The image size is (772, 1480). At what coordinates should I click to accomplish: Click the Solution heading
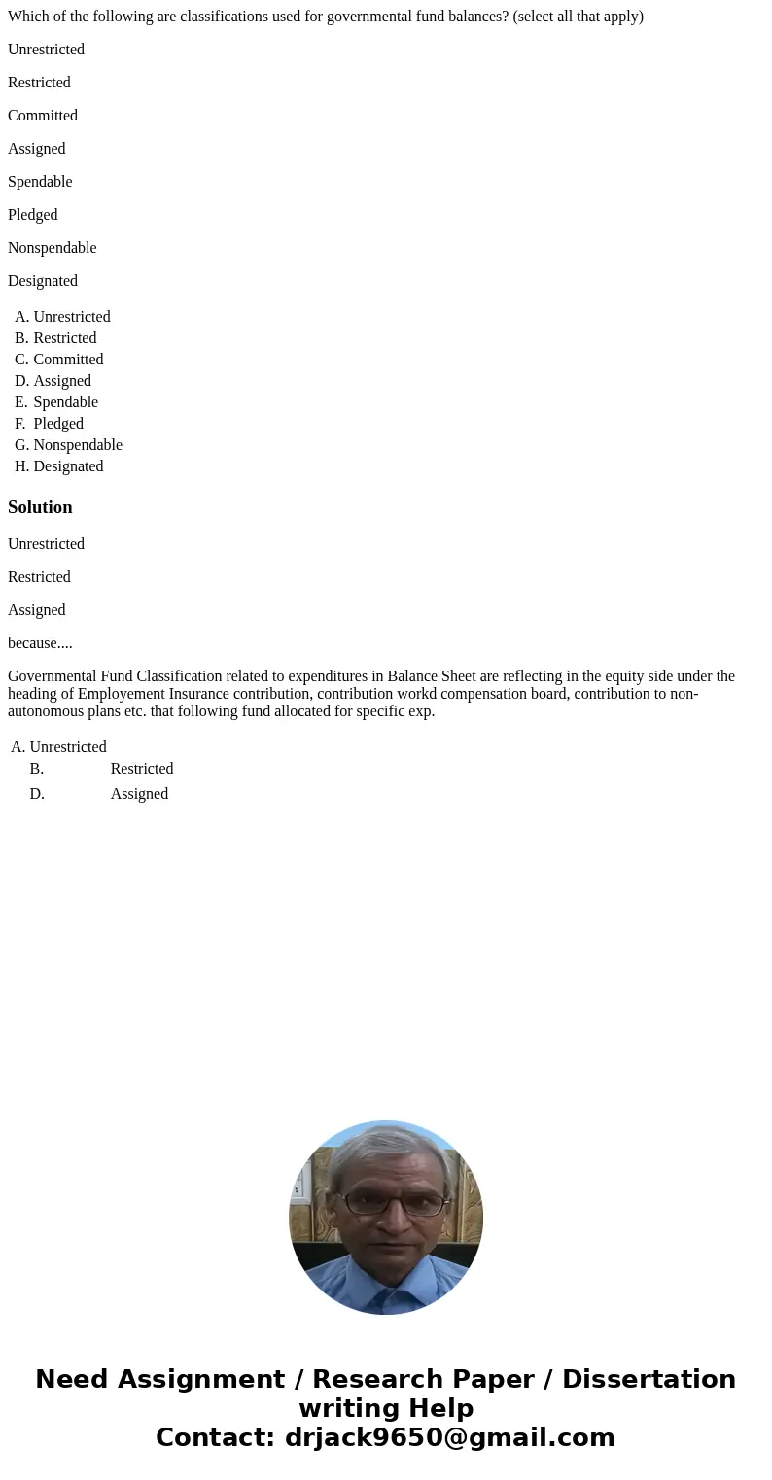coord(40,507)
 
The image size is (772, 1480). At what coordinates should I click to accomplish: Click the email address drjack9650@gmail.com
coord(449,1437)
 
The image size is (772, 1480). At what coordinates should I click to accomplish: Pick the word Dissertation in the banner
coord(649,1379)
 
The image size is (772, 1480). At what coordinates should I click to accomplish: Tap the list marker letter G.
coord(20,445)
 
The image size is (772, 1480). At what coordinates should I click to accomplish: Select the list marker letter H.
coord(20,466)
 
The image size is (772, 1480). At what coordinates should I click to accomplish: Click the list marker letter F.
coord(19,424)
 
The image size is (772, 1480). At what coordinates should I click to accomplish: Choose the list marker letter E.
coord(20,402)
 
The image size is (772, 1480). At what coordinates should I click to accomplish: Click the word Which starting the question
coord(28,17)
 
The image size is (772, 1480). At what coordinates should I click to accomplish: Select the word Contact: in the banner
coord(215,1437)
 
